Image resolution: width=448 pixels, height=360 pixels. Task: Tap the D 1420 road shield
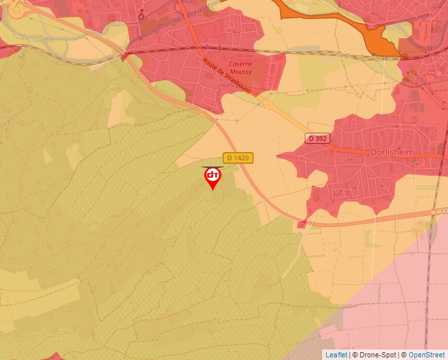[238, 158]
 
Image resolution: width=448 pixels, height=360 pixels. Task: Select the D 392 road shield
[318, 138]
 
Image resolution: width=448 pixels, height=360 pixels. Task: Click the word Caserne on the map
[240, 64]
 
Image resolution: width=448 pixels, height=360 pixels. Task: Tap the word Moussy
[240, 72]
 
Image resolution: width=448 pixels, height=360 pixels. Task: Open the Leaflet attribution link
[336, 355]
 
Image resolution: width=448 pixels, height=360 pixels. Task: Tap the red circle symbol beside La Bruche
[141, 15]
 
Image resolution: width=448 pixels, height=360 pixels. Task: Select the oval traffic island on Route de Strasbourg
[268, 103]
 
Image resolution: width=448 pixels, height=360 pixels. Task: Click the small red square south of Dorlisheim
[301, 224]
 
